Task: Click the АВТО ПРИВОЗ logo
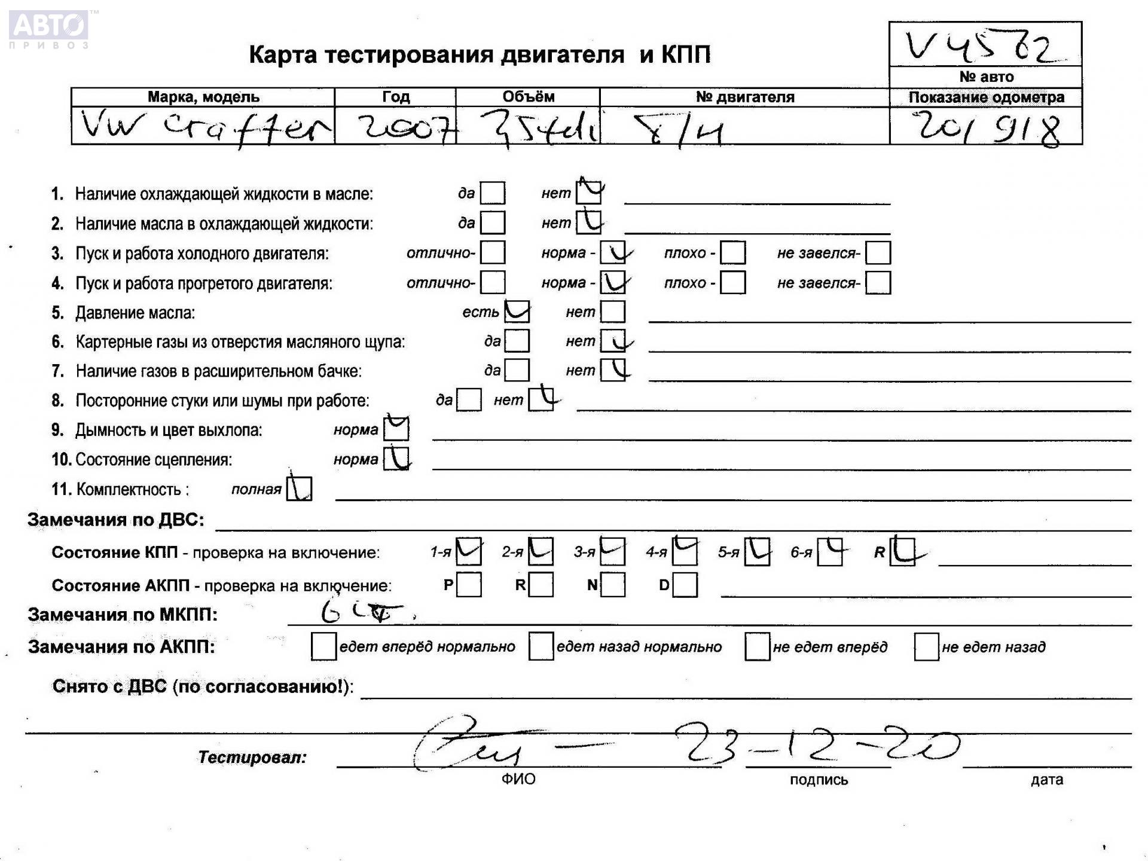click(49, 29)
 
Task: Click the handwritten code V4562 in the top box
click(984, 47)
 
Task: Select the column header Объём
click(528, 97)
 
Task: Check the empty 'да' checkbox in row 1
click(493, 193)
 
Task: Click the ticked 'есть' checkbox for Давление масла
click(517, 312)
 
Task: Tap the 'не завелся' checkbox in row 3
click(878, 253)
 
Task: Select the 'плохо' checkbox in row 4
click(732, 283)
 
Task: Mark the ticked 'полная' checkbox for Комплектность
click(299, 488)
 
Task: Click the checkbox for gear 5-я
click(758, 552)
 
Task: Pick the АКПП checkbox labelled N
click(613, 585)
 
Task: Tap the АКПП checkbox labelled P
click(469, 585)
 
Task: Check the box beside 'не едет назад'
click(926, 647)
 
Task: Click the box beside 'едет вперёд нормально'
click(323, 647)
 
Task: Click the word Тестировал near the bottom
click(252, 758)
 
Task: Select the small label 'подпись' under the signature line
click(819, 780)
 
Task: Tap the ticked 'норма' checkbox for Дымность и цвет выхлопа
click(396, 429)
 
